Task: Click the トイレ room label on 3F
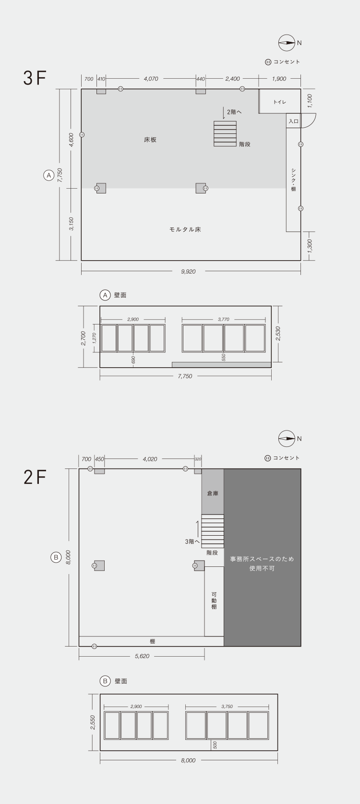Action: click(280, 102)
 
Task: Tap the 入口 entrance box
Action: click(294, 121)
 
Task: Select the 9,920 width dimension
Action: click(188, 271)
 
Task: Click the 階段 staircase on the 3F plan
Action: click(225, 133)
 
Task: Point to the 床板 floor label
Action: click(150, 140)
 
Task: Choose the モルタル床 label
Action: click(185, 229)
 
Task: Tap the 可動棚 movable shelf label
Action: click(214, 600)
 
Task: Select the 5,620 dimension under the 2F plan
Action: click(142, 656)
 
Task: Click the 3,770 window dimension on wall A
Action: click(223, 319)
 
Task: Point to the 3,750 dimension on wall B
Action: click(227, 706)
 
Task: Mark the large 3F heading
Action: click(35, 78)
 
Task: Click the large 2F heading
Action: click(35, 477)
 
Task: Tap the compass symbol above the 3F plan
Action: click(287, 43)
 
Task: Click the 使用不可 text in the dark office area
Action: click(262, 568)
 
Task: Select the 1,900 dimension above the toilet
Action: click(279, 79)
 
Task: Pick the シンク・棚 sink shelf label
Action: click(294, 180)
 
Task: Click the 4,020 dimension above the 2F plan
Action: click(150, 459)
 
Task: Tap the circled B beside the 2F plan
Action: click(56, 557)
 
